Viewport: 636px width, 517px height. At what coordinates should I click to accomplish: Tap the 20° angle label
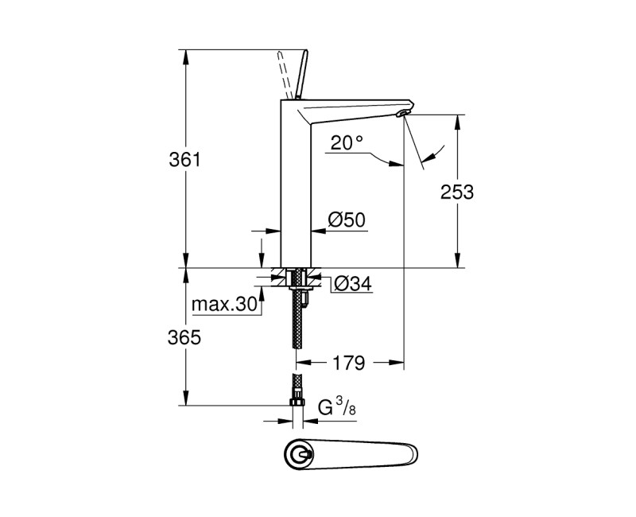pyautogui.click(x=347, y=142)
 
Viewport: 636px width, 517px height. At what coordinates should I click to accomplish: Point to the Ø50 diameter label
pyautogui.click(x=346, y=220)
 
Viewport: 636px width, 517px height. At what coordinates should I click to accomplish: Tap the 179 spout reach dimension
pyautogui.click(x=349, y=363)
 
